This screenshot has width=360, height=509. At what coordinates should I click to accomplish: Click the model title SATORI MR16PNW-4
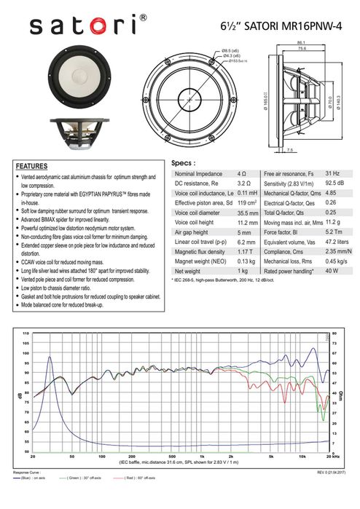coord(281,25)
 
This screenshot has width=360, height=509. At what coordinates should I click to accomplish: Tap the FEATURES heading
coord(32,166)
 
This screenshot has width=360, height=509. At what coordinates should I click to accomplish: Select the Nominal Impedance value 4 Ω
coord(241,175)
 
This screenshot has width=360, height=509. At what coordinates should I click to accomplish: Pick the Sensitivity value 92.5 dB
coord(334,184)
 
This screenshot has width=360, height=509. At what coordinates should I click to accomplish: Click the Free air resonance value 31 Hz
coord(332,175)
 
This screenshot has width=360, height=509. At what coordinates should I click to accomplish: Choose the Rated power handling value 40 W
coord(332,270)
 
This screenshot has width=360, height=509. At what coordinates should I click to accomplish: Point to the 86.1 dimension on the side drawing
coord(301,44)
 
